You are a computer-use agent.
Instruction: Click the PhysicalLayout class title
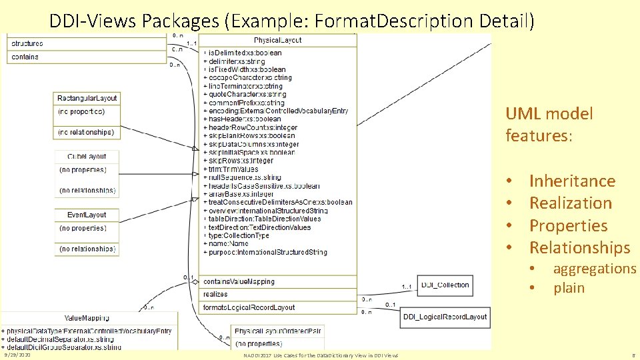pyautogui.click(x=278, y=40)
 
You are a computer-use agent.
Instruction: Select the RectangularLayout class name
pyautogui.click(x=87, y=98)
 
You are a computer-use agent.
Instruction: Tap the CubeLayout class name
pyautogui.click(x=87, y=156)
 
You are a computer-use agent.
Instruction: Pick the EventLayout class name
pyautogui.click(x=87, y=215)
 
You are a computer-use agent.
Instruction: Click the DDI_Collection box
pyautogui.click(x=445, y=285)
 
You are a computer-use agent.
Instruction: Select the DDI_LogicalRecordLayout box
pyautogui.click(x=445, y=317)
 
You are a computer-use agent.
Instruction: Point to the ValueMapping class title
pyautogui.click(x=87, y=317)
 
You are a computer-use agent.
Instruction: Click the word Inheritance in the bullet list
pyautogui.click(x=572, y=181)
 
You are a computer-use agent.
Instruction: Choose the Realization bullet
pyautogui.click(x=570, y=203)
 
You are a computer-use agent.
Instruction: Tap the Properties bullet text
pyautogui.click(x=568, y=225)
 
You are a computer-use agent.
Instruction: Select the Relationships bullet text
pyautogui.click(x=579, y=247)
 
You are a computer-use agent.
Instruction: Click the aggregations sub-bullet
pyautogui.click(x=595, y=269)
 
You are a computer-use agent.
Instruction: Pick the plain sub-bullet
pyautogui.click(x=569, y=288)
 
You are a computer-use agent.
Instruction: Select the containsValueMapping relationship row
pyautogui.click(x=239, y=281)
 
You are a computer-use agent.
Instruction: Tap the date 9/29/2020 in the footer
pyautogui.click(x=15, y=355)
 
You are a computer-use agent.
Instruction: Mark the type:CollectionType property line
pyautogui.click(x=239, y=235)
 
